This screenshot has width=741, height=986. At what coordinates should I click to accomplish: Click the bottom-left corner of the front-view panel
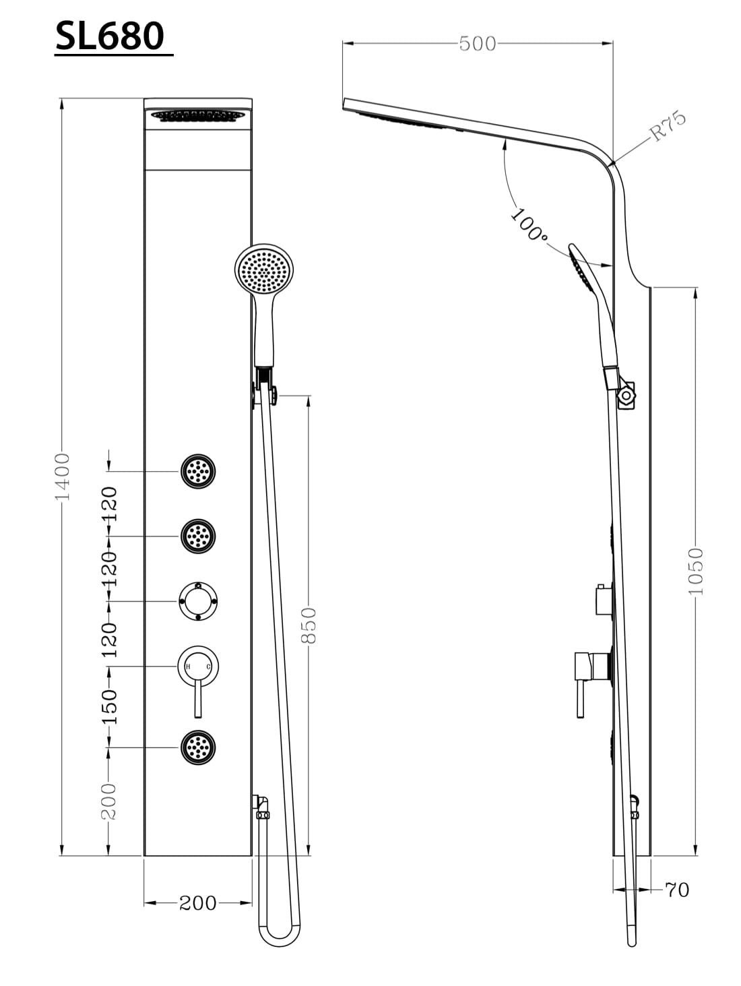pos(144,856)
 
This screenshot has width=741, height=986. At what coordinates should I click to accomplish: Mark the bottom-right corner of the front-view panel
pos(252,856)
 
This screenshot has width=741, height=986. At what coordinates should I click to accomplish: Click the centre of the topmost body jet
pos(198,471)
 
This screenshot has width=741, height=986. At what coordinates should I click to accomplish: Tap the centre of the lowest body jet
pos(198,747)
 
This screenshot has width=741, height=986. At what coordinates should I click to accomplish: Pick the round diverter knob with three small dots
pos(198,601)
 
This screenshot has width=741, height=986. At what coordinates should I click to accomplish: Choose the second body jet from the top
pos(198,536)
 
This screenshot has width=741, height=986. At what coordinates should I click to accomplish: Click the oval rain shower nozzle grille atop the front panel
pos(198,116)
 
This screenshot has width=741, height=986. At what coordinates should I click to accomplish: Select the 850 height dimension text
pos(309,625)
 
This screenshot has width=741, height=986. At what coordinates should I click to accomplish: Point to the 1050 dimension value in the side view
pos(695,572)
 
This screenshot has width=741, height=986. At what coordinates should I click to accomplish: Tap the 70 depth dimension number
pos(677,890)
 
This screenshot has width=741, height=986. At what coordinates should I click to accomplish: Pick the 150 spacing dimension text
pos(109,707)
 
